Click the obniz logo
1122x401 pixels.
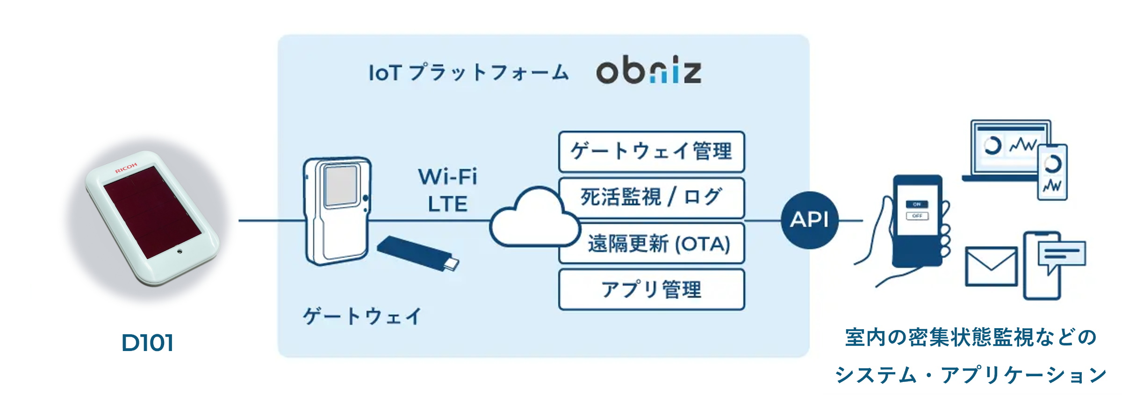coord(649,72)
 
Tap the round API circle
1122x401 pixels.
coord(810,220)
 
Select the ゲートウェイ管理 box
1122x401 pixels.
coord(651,152)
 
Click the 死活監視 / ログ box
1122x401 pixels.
coord(651,197)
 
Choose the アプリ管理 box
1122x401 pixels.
coord(651,289)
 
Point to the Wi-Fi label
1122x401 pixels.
coord(447,177)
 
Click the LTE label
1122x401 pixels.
coord(447,204)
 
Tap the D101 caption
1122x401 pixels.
coord(147,343)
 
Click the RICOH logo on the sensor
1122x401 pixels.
coord(126,168)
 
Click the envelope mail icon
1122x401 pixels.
coord(991,266)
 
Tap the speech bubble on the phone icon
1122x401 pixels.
coord(1062,255)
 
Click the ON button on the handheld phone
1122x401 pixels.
coord(917,204)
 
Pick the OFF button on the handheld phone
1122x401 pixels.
coord(917,216)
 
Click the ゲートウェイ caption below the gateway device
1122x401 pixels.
coord(362,317)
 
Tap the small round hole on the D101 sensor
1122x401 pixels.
coord(180,251)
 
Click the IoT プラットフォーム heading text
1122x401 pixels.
coord(468,73)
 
